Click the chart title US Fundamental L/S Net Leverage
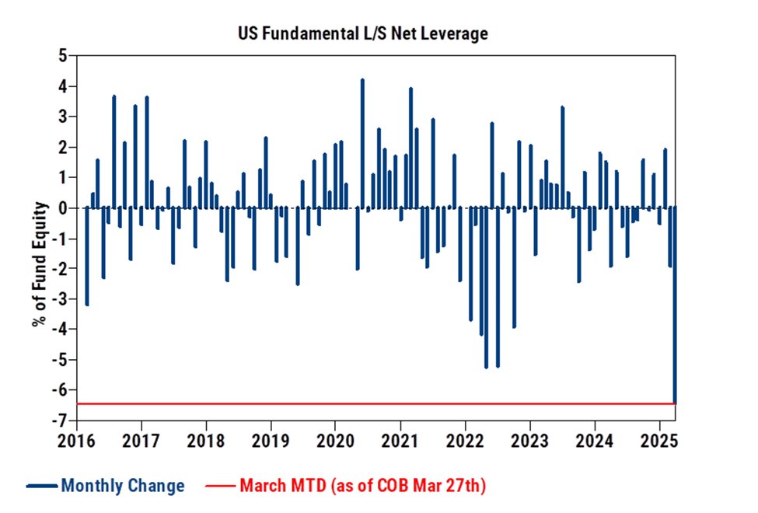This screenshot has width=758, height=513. (363, 34)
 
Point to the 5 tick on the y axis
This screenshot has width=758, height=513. (62, 56)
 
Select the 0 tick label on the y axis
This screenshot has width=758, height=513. (62, 208)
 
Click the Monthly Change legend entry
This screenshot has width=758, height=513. (123, 487)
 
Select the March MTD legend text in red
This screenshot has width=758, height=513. (362, 487)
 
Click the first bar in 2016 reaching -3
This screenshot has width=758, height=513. (87, 256)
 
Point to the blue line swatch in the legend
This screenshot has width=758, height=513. (41, 487)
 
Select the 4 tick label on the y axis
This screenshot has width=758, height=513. (62, 86)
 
